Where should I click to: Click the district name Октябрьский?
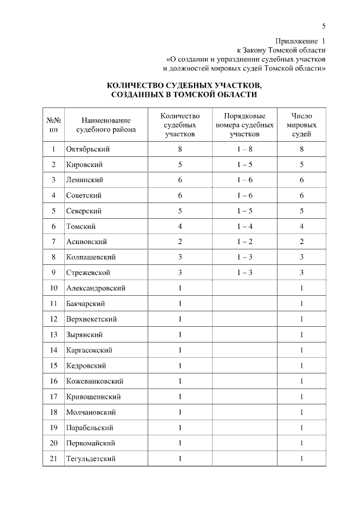point(88,149)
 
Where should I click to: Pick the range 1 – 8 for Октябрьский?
point(245,149)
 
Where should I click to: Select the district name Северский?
point(84,211)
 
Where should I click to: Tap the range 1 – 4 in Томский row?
point(245,227)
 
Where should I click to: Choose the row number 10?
point(53,288)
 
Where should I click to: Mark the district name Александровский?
point(96,288)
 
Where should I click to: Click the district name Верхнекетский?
point(91,319)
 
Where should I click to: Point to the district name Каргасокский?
point(89,350)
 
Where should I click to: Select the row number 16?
point(53,381)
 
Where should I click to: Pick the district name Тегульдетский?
point(91,458)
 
